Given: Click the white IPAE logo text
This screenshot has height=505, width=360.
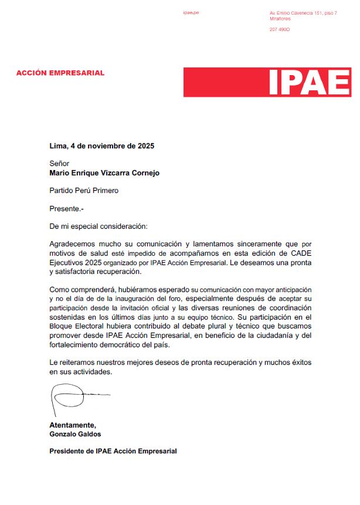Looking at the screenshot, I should click(309, 83).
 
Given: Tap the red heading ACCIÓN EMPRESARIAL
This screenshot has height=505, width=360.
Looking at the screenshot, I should click(60, 73).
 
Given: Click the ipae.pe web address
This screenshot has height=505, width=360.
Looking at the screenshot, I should click(191, 12).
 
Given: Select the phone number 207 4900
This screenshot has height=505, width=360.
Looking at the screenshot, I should click(280, 29).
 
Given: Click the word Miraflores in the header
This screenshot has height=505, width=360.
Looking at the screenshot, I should click(280, 19).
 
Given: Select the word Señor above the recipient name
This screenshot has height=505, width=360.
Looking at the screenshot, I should click(59, 164).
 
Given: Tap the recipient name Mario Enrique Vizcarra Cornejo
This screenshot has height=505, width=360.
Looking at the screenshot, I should click(104, 173).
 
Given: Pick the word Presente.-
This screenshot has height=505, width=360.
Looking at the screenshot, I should click(67, 208).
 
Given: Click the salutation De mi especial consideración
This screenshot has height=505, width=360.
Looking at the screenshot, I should click(99, 225).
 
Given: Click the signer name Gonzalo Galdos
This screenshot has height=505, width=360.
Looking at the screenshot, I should click(74, 434).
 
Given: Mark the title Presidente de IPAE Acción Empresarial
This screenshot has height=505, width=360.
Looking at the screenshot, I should click(113, 451).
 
